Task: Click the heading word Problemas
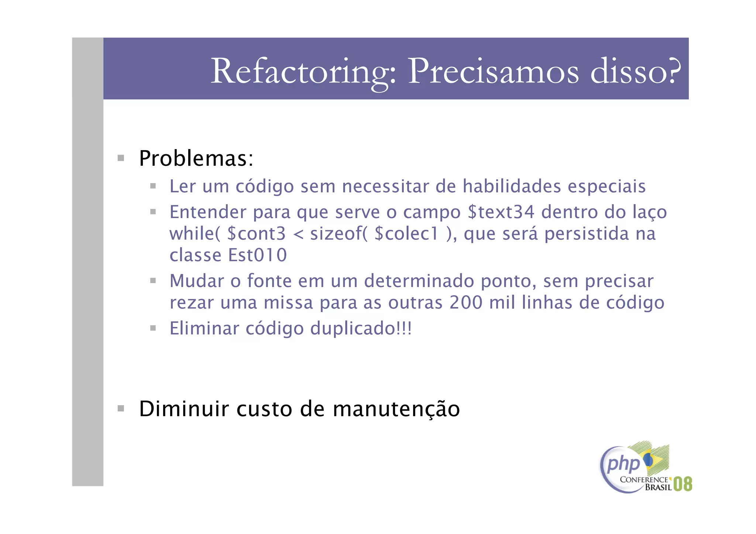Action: click(196, 159)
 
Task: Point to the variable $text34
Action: click(501, 212)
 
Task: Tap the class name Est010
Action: click(257, 255)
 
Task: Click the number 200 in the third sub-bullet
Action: click(466, 303)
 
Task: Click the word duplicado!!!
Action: click(361, 328)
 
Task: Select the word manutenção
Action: click(396, 409)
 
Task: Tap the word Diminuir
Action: click(184, 409)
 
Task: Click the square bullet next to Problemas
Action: click(121, 158)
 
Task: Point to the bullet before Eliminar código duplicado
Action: click(153, 328)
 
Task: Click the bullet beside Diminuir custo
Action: click(121, 409)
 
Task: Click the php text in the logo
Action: click(623, 464)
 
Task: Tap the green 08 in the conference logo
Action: click(683, 484)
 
